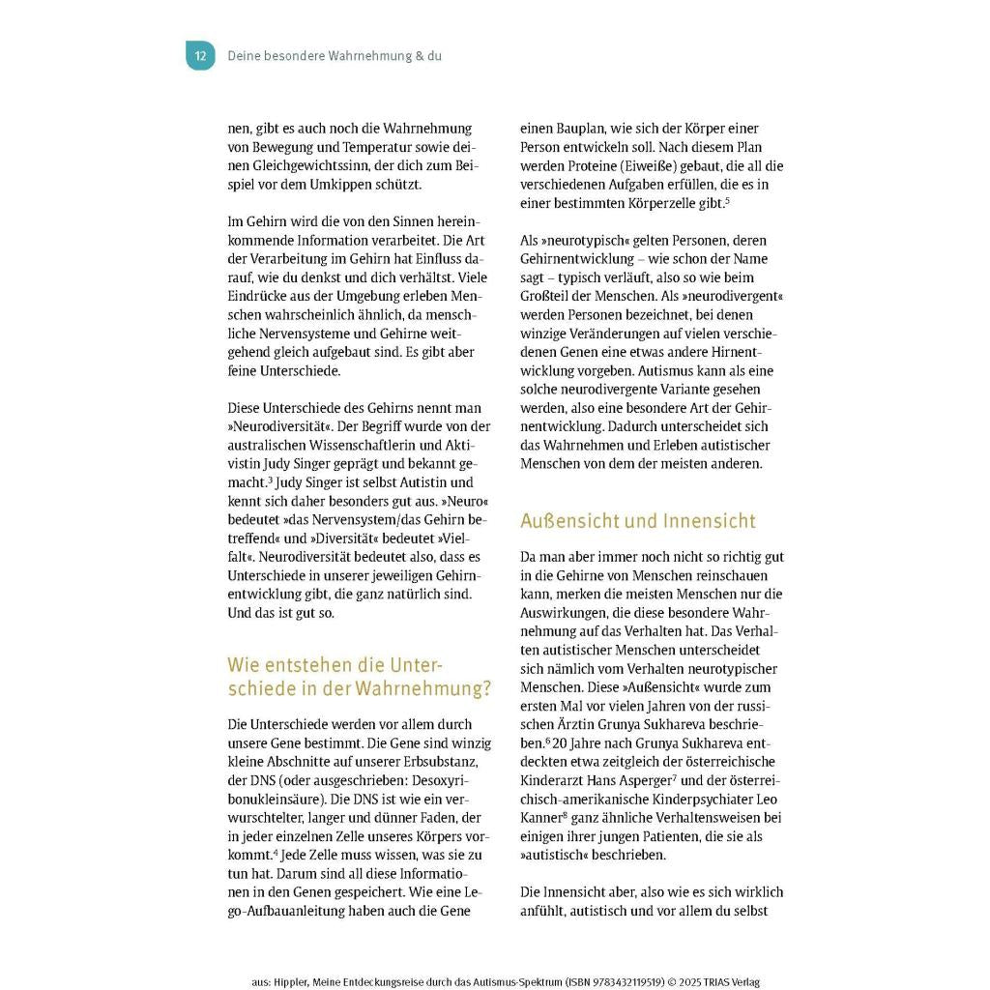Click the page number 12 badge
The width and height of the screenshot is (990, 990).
(200, 56)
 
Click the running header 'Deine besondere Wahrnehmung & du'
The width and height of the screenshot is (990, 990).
(335, 56)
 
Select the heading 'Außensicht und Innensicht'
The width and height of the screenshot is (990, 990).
(638, 521)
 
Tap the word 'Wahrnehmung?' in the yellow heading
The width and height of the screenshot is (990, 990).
(423, 689)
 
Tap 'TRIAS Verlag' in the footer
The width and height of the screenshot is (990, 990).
(730, 982)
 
